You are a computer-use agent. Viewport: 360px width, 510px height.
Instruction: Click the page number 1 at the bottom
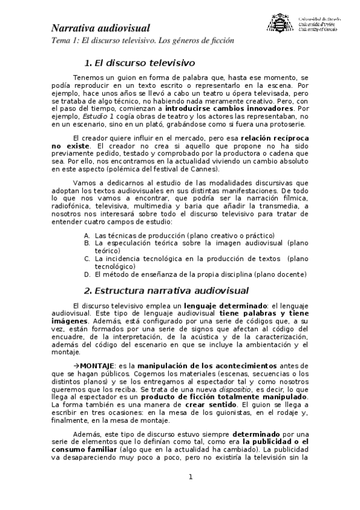191,478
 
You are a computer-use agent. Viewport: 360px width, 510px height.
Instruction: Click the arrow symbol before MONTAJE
76,366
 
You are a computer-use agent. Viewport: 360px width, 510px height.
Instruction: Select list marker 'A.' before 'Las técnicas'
87,235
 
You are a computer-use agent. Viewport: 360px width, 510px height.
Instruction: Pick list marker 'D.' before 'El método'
87,274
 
